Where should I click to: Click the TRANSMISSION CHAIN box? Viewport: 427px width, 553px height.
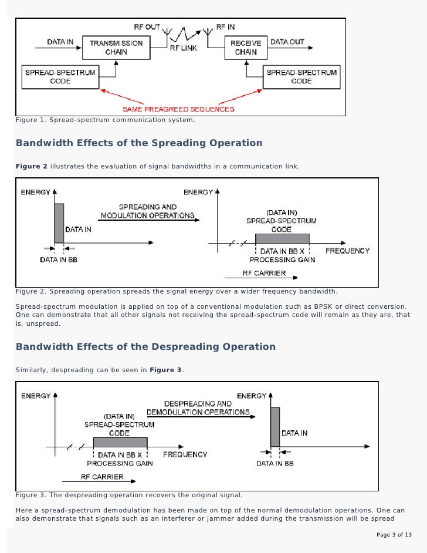pyautogui.click(x=116, y=47)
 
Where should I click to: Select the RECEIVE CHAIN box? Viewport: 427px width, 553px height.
pyautogui.click(x=245, y=47)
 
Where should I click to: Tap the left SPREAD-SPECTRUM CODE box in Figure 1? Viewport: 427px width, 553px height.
pyautogui.click(x=60, y=77)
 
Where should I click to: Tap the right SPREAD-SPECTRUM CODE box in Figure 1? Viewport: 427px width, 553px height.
pyautogui.click(x=301, y=77)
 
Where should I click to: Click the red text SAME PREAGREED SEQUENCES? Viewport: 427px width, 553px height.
pyautogui.click(x=178, y=109)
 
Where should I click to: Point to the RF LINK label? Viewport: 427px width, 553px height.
pyautogui.click(x=184, y=49)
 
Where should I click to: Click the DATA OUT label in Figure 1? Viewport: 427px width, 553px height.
pyautogui.click(x=287, y=42)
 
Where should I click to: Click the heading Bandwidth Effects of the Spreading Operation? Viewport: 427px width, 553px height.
pyautogui.click(x=139, y=143)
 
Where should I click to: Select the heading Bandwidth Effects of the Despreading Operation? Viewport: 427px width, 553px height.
pyautogui.click(x=145, y=346)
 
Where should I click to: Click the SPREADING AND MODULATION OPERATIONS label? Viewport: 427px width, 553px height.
pyautogui.click(x=147, y=211)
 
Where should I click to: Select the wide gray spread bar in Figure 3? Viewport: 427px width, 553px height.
pyautogui.click(x=120, y=442)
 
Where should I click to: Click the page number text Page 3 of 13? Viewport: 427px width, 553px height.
pyautogui.click(x=394, y=535)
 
